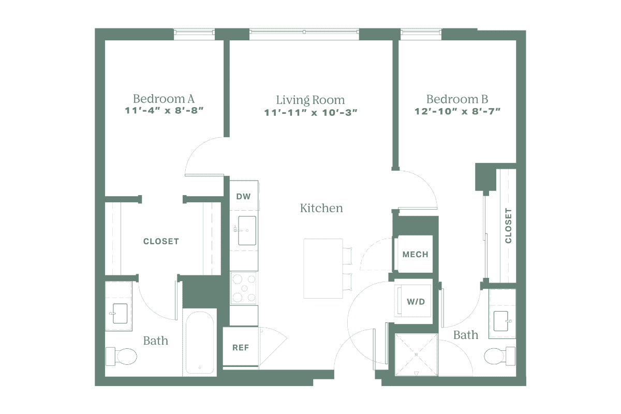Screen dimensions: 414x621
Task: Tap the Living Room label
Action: [x=310, y=99]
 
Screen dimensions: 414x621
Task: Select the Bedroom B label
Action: [x=457, y=99]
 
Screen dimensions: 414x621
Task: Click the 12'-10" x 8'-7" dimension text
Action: [x=457, y=111]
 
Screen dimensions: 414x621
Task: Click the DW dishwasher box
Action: [x=243, y=196]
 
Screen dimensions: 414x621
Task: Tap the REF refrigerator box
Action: [x=241, y=347]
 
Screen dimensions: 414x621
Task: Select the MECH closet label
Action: [x=415, y=254]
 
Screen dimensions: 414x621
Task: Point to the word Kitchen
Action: [x=321, y=209]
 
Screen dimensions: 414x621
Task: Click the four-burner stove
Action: [x=243, y=288]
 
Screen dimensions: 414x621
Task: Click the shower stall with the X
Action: [x=417, y=356]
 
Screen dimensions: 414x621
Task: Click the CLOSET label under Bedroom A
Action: [x=161, y=241]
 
